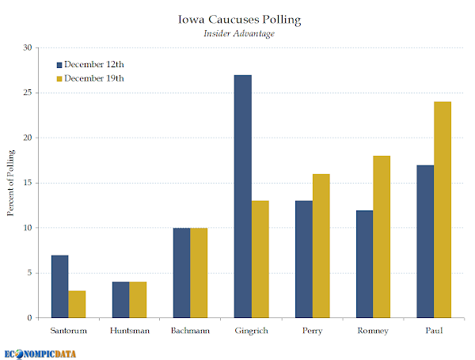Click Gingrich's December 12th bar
(x=243, y=196)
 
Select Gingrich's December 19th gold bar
(x=260, y=260)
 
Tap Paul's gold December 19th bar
(x=443, y=210)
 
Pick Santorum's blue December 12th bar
(x=60, y=286)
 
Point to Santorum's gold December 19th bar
(x=77, y=305)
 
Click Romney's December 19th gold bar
(x=382, y=237)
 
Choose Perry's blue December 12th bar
(x=304, y=260)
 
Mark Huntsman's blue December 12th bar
(x=121, y=300)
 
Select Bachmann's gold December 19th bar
(x=199, y=273)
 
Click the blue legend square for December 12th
(x=59, y=65)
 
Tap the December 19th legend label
(x=94, y=78)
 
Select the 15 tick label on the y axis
(x=28, y=183)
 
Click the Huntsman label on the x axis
(x=130, y=330)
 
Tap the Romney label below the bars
(x=373, y=331)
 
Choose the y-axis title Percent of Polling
(x=10, y=183)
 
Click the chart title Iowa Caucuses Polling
(x=239, y=20)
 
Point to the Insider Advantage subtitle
(x=239, y=33)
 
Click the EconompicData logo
(x=40, y=354)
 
